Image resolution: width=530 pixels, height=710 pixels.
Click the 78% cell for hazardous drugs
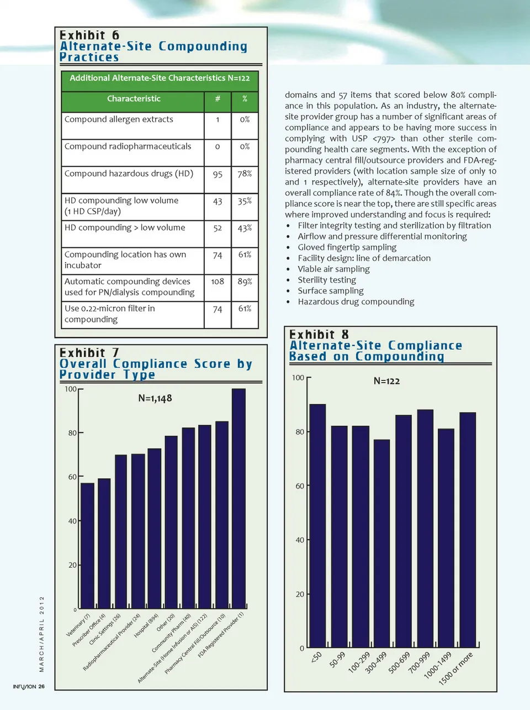[x=245, y=174]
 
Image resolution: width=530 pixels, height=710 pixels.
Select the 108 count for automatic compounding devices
[x=218, y=281]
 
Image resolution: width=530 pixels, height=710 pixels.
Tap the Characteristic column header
[x=134, y=99]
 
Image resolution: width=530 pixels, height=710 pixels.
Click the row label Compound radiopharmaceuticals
[x=128, y=147]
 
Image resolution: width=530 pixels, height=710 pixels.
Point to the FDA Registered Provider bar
[x=239, y=498]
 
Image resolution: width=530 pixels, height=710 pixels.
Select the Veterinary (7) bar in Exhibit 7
[x=87, y=546]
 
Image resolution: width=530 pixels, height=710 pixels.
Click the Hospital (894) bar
[x=155, y=528]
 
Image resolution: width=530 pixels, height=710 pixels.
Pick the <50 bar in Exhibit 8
[x=317, y=525]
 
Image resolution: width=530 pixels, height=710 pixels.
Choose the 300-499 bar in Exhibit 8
[x=381, y=543]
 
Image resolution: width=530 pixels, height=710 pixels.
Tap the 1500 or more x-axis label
[x=456, y=668]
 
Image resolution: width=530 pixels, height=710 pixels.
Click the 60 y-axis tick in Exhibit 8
[x=300, y=486]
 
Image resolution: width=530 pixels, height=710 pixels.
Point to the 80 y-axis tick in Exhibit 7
[x=72, y=433]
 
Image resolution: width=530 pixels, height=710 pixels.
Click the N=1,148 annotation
[x=155, y=398]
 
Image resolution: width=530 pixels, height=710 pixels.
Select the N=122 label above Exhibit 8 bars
[x=386, y=381]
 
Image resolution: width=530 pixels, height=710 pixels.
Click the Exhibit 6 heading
[x=89, y=35]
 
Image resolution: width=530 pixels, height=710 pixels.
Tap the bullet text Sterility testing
[x=327, y=280]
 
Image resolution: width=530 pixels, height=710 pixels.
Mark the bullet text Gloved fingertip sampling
[x=347, y=247]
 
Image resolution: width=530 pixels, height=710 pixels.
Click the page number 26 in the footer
[x=42, y=687]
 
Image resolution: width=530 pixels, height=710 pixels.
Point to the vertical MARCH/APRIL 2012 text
[x=41, y=634]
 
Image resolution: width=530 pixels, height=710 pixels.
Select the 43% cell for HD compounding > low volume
[x=245, y=228]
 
